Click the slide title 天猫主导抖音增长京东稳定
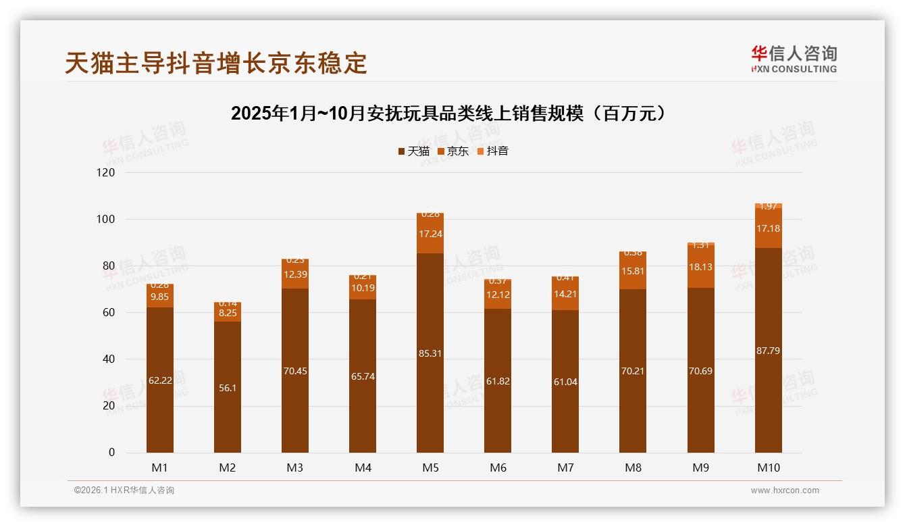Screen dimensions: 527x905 tap(216, 63)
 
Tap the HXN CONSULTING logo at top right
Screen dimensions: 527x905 tap(794, 59)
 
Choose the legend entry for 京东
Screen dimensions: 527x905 tap(453, 151)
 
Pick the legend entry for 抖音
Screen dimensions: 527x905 tap(493, 151)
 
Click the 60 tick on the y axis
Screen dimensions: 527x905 tap(107, 313)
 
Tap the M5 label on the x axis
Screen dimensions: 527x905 tap(430, 468)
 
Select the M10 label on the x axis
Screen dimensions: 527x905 tap(768, 468)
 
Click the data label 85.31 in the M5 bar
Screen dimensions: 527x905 tap(430, 353)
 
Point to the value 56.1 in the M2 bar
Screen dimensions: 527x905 tap(228, 388)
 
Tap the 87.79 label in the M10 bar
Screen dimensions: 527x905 tap(768, 351)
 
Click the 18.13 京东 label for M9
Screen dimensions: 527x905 tap(700, 267)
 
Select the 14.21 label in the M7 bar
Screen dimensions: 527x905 tap(565, 294)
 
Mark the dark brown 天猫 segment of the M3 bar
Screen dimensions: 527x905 tap(295, 405)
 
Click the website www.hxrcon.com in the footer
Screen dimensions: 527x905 tap(785, 491)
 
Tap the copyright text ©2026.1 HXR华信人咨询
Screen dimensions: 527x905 tap(124, 491)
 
